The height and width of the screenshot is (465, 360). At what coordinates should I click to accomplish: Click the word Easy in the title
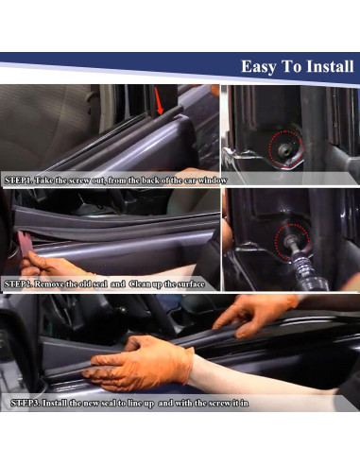259,67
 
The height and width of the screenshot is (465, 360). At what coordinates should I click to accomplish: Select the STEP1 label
20,179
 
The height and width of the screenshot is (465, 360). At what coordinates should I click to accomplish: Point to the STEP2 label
20,283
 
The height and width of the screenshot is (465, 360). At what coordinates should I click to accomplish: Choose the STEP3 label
26,403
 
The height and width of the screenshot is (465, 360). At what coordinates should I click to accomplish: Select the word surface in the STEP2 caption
197,283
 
